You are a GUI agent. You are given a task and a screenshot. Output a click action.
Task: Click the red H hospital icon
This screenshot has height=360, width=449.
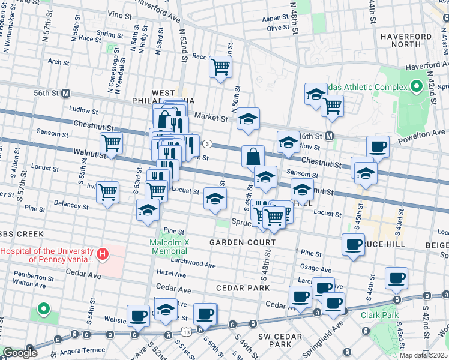point(103,254)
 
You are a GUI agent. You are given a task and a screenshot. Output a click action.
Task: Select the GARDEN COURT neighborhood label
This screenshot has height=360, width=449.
point(243,242)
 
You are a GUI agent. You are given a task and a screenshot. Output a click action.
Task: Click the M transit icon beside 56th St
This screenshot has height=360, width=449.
point(65,94)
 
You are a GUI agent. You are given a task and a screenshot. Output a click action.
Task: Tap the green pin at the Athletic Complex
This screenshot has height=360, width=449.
point(416,87)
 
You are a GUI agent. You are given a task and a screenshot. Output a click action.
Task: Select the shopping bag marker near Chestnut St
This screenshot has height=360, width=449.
point(253,157)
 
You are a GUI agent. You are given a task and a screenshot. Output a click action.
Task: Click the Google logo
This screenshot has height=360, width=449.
point(20,353)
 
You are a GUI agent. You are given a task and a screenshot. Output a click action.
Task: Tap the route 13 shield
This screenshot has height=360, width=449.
point(187,331)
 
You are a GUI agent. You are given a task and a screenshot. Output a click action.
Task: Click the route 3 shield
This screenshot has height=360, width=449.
point(207,143)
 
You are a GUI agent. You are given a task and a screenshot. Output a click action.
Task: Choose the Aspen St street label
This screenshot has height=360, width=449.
point(276,19)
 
